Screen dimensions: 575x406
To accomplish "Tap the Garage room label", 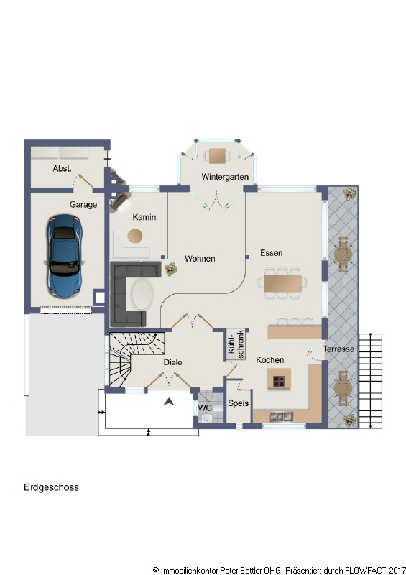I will [x=83, y=205].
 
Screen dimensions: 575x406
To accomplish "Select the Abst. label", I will [x=63, y=168].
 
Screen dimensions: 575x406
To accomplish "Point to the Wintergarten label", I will [x=225, y=177].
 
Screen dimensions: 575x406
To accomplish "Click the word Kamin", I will [x=144, y=217].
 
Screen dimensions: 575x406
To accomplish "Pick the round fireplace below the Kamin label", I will [x=135, y=236].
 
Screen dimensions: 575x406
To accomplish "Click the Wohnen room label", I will [x=200, y=259].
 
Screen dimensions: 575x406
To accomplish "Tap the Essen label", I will [x=272, y=253].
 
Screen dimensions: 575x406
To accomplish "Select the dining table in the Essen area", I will [x=282, y=283].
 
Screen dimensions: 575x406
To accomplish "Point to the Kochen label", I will [x=269, y=359].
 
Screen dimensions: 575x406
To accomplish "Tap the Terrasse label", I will [x=338, y=349].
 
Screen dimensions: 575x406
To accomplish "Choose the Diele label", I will [x=172, y=362].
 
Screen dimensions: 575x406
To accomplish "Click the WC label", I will [x=205, y=408].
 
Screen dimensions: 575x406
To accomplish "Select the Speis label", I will [x=238, y=403].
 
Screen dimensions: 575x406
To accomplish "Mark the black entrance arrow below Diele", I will [x=169, y=402].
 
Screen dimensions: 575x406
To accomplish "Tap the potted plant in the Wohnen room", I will [x=171, y=270].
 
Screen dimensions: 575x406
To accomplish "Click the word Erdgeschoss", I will [x=50, y=487].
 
